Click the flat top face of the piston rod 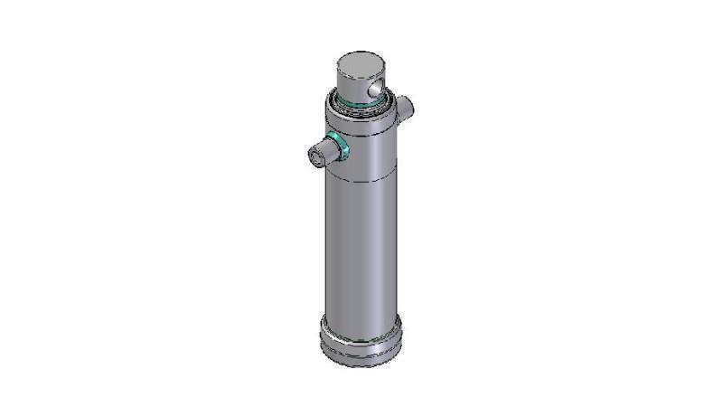[x=361, y=63]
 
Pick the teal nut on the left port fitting [x=340, y=146]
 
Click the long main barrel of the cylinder [x=361, y=253]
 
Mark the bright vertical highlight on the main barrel [x=343, y=253]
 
